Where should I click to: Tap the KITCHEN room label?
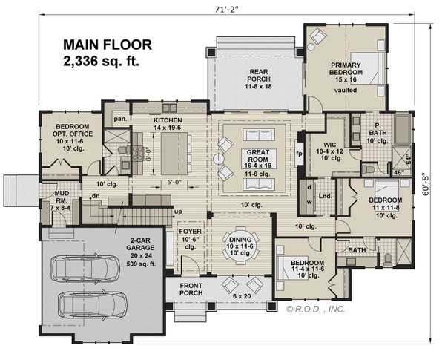pyautogui.click(x=168, y=120)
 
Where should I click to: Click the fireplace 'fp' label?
pyautogui.click(x=300, y=154)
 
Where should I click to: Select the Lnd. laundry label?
pyautogui.click(x=324, y=197)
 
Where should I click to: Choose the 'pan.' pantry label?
pyautogui.click(x=119, y=118)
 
